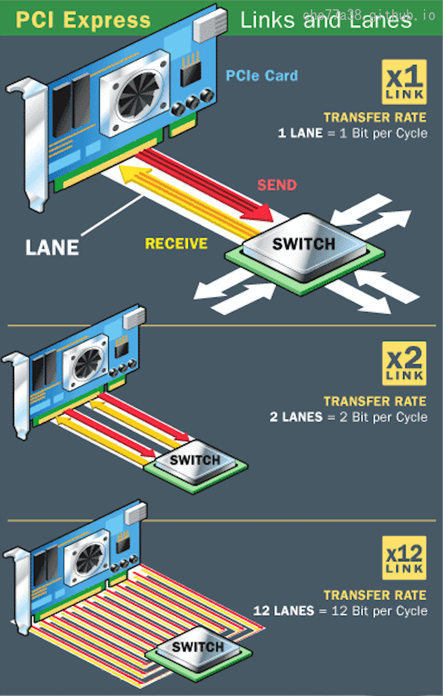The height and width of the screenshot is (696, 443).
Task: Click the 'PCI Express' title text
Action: pyautogui.click(x=83, y=20)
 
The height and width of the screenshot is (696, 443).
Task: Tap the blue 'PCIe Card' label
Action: pyautogui.click(x=262, y=76)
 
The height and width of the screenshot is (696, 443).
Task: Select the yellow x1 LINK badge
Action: pyautogui.click(x=404, y=82)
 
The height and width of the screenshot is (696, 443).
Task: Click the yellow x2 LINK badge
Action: pyautogui.click(x=404, y=364)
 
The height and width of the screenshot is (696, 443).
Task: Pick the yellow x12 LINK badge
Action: pyautogui.click(x=404, y=558)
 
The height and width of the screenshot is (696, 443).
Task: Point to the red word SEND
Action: pyautogui.click(x=277, y=185)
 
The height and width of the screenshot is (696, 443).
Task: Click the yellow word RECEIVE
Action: pyautogui.click(x=176, y=243)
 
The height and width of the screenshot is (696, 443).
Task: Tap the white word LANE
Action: pyautogui.click(x=52, y=247)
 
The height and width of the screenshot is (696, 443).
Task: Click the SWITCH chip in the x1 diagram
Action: pyautogui.click(x=304, y=244)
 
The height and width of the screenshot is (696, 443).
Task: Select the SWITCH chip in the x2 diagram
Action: pyautogui.click(x=195, y=460)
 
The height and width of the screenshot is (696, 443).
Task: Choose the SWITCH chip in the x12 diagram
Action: pyautogui.click(x=198, y=647)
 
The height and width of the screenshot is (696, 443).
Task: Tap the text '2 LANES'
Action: pyautogui.click(x=296, y=417)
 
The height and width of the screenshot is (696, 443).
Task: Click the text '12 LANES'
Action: pyautogui.click(x=284, y=611)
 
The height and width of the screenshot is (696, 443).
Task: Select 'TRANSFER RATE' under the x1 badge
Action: pyautogui.click(x=375, y=118)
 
